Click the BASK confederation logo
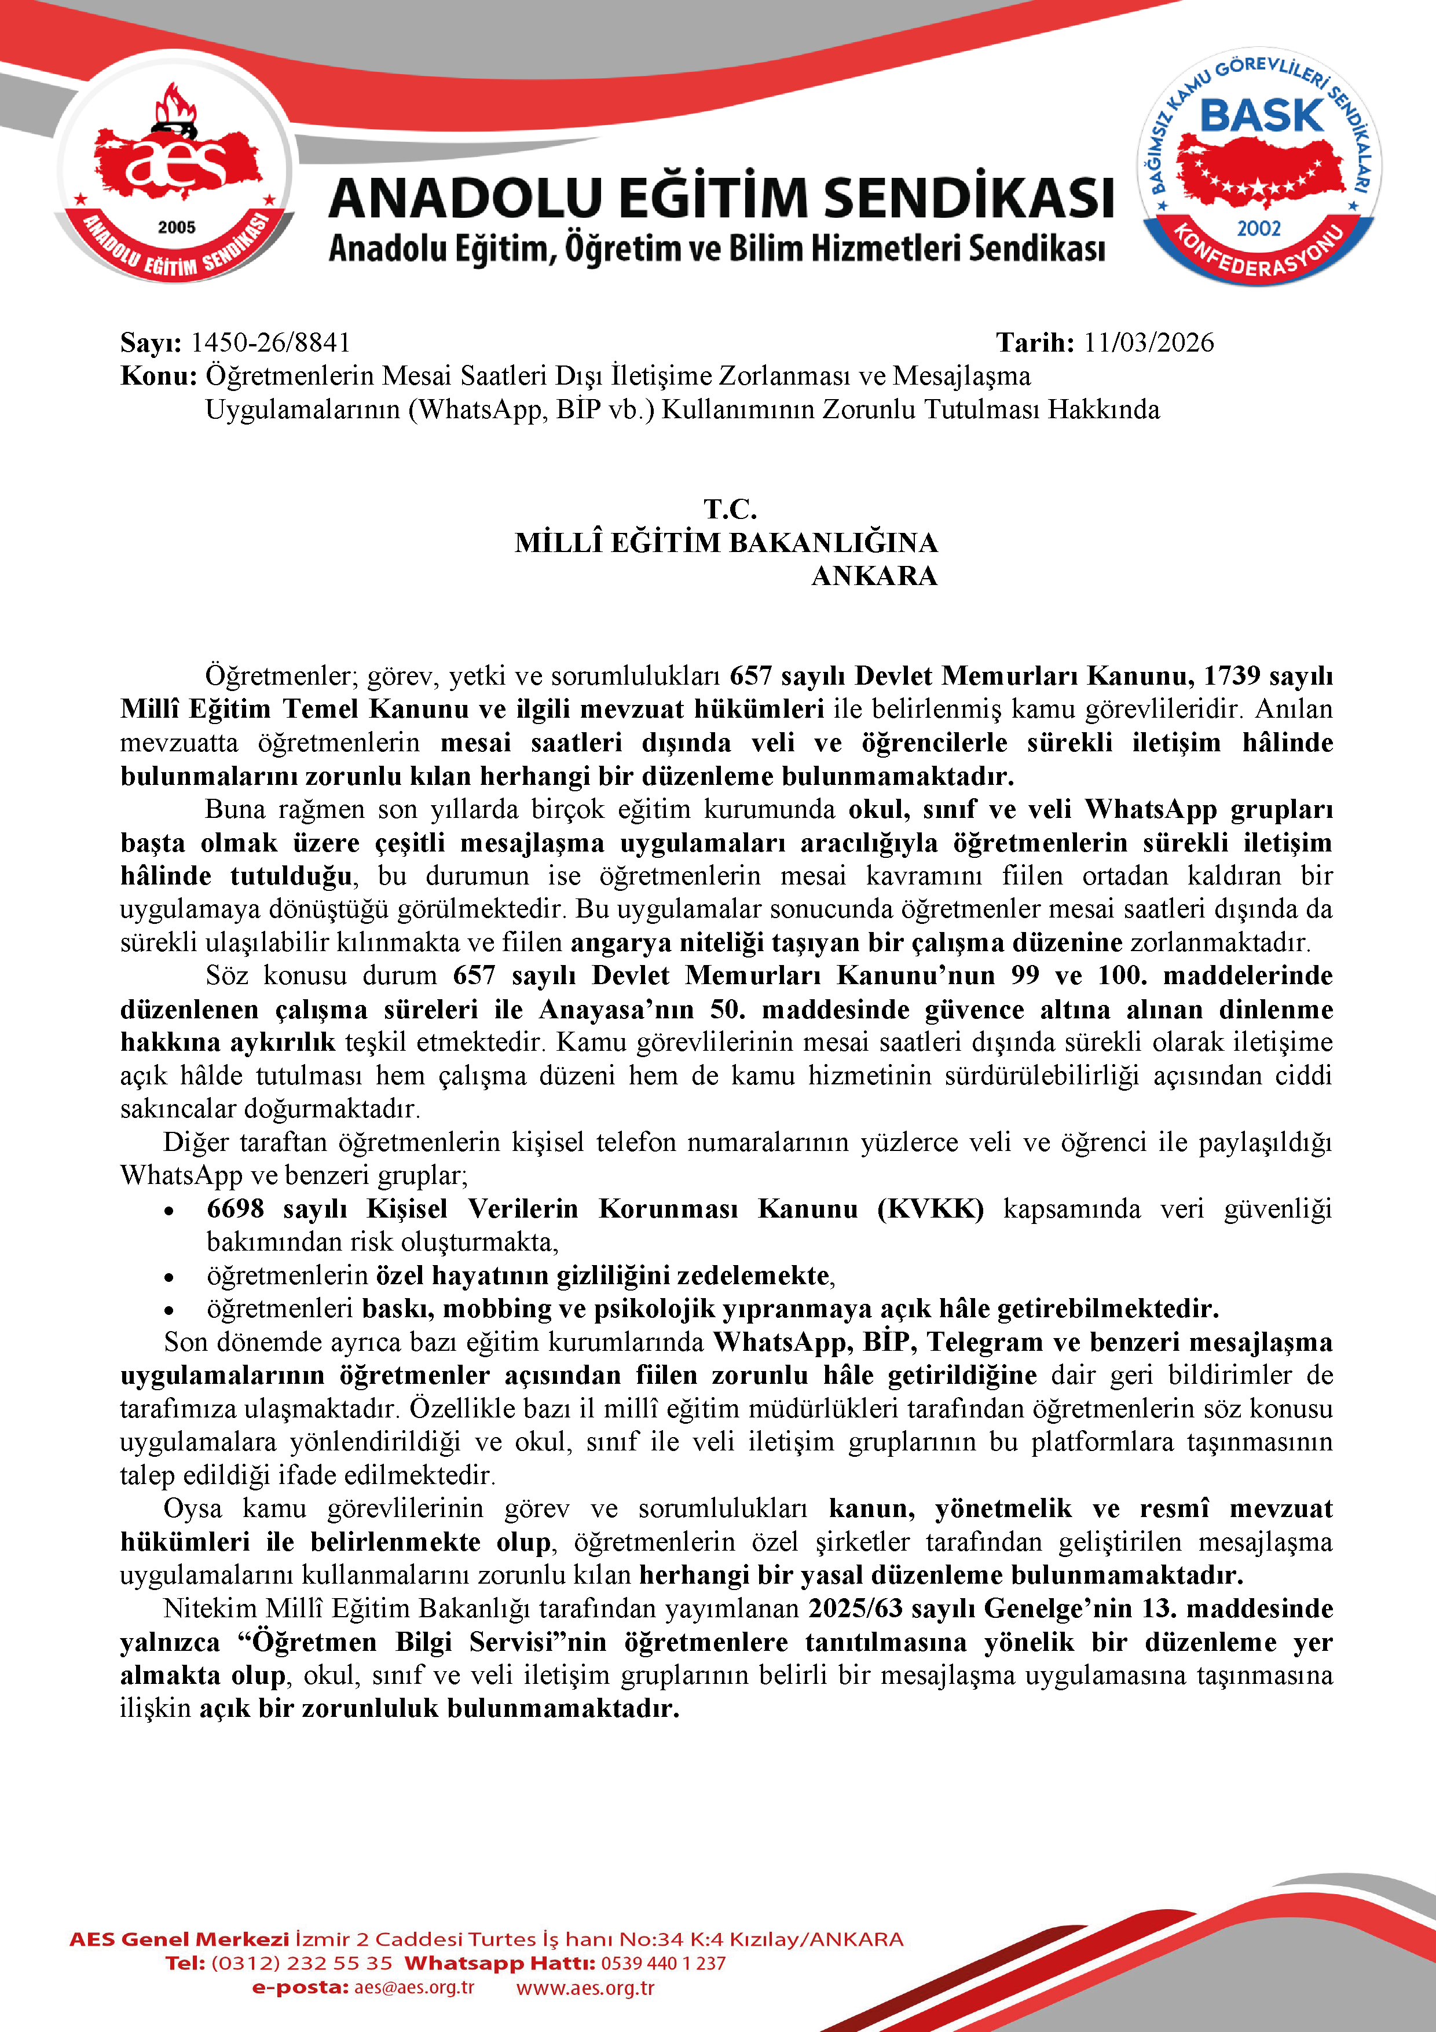[1258, 166]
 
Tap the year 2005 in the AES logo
[176, 228]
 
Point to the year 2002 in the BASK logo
[1258, 228]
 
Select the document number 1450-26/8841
[271, 342]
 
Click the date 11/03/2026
[1148, 342]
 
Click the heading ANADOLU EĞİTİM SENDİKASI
[720, 198]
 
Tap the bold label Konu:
[159, 376]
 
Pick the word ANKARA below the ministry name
[874, 576]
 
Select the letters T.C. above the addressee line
[730, 509]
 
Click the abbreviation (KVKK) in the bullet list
[930, 1209]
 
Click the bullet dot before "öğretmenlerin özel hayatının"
[168, 1278]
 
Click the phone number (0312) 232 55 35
[301, 1963]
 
